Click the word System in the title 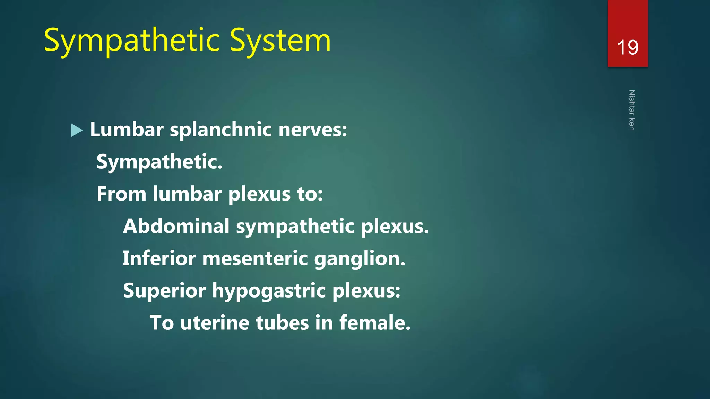coord(280,41)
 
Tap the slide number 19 coord(627,47)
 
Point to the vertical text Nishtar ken coord(632,110)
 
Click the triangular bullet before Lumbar coord(77,130)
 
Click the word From coord(121,194)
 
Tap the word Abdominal coord(176,226)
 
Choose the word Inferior coord(159,258)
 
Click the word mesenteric coord(255,258)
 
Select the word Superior coord(164,291)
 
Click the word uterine coord(215,323)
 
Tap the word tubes coord(282,323)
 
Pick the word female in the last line coord(374,323)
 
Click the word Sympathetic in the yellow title coord(132,41)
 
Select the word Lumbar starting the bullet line coord(127,130)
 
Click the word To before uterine coord(162,323)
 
